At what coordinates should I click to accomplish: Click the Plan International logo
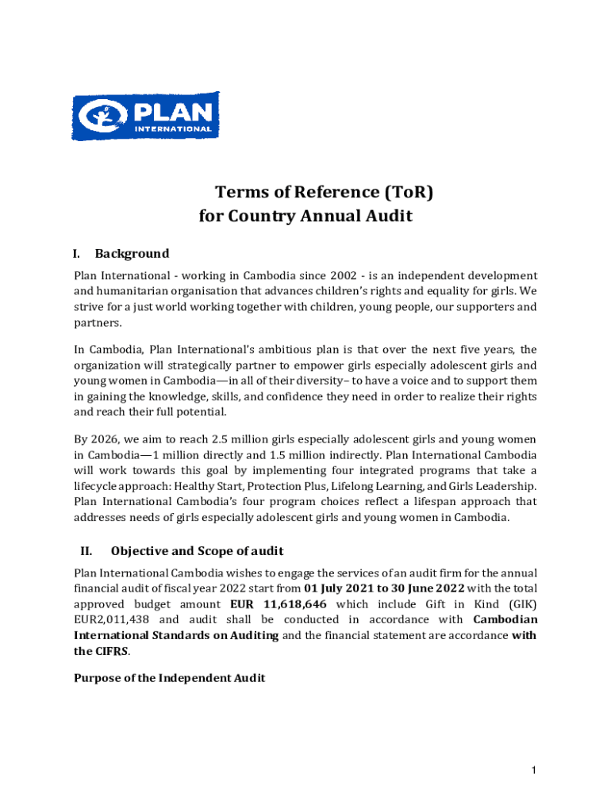145,117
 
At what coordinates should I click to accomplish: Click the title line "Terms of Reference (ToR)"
325,193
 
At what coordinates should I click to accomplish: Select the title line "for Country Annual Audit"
305,216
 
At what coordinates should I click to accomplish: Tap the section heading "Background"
132,254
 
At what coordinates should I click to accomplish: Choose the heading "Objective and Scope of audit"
198,551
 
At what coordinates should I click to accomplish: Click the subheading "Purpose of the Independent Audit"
169,677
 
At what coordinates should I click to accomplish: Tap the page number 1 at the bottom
536,770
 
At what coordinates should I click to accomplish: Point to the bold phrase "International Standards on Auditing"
176,635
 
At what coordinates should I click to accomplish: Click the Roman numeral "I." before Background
76,254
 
